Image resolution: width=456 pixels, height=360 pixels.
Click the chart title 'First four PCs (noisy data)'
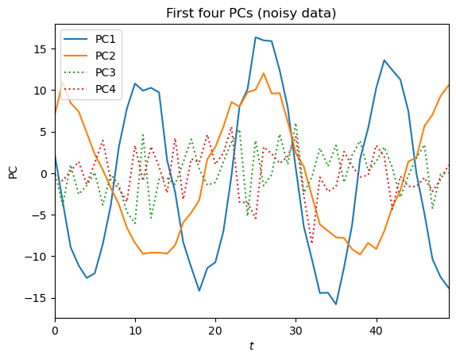(251, 13)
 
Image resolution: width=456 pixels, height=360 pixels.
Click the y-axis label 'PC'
(14, 172)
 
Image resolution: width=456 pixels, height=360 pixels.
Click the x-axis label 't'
(251, 346)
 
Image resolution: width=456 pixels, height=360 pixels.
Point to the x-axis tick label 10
(135, 330)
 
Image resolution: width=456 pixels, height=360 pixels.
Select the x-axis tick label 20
(215, 330)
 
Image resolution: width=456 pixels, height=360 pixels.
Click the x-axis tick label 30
(296, 330)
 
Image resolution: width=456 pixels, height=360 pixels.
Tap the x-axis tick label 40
(376, 330)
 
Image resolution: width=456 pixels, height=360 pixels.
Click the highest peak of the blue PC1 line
(256, 37)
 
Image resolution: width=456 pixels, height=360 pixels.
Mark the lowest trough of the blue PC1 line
(336, 304)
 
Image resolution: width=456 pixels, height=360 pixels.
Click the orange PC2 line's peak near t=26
(263, 73)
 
